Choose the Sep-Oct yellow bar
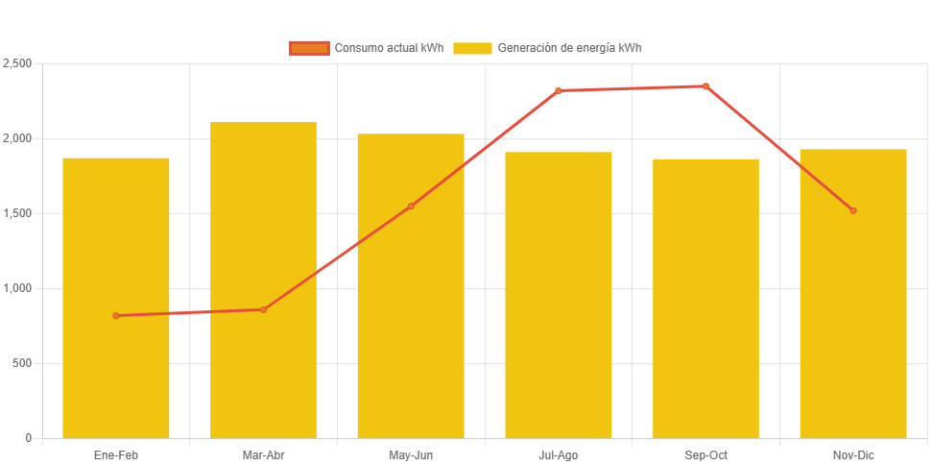(705, 298)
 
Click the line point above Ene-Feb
(116, 315)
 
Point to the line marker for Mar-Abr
(263, 309)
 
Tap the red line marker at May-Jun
(411, 206)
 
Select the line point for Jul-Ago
(558, 90)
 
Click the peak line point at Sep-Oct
(705, 86)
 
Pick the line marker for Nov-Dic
(853, 210)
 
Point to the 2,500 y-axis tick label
(17, 63)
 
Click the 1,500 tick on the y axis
(17, 213)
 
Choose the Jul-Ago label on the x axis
(558, 454)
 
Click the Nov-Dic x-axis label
(853, 454)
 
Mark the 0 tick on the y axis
(28, 438)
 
